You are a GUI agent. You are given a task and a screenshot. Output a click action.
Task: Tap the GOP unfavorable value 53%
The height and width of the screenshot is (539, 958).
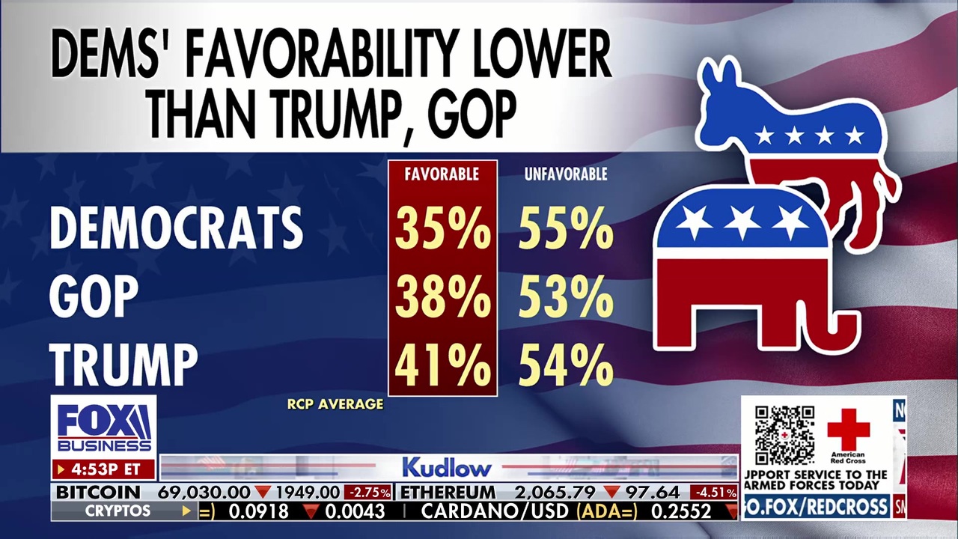pos(566,297)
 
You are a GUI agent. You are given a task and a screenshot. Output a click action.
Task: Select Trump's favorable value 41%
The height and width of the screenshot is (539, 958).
pos(442,365)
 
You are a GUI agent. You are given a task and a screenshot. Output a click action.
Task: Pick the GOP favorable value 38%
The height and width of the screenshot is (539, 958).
pos(442,297)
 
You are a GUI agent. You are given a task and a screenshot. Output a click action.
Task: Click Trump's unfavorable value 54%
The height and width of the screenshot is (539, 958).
pos(566,365)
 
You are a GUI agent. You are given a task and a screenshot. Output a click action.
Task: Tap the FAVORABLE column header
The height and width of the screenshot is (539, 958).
pos(442,174)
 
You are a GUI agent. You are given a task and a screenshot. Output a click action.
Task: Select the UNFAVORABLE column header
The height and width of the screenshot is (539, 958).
pos(566,174)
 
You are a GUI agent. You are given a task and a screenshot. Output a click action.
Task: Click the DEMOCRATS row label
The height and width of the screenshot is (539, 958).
pos(177,228)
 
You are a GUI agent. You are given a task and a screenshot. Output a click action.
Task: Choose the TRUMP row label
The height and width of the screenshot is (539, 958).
pos(124,365)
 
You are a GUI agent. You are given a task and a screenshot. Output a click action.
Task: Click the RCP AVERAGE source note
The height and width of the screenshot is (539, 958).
pos(335,404)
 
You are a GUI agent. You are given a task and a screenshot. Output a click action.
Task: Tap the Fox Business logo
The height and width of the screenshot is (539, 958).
pos(104,428)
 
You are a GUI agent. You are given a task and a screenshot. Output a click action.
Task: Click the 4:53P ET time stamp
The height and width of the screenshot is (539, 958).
pos(103,470)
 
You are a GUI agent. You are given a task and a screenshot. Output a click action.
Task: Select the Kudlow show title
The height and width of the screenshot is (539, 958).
pos(447,468)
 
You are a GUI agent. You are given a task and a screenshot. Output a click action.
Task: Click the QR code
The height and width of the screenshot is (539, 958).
pos(784,436)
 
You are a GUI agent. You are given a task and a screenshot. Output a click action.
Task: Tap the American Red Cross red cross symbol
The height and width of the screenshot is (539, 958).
pos(848,430)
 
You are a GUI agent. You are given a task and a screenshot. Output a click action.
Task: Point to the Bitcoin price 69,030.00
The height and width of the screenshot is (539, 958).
pos(204,493)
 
